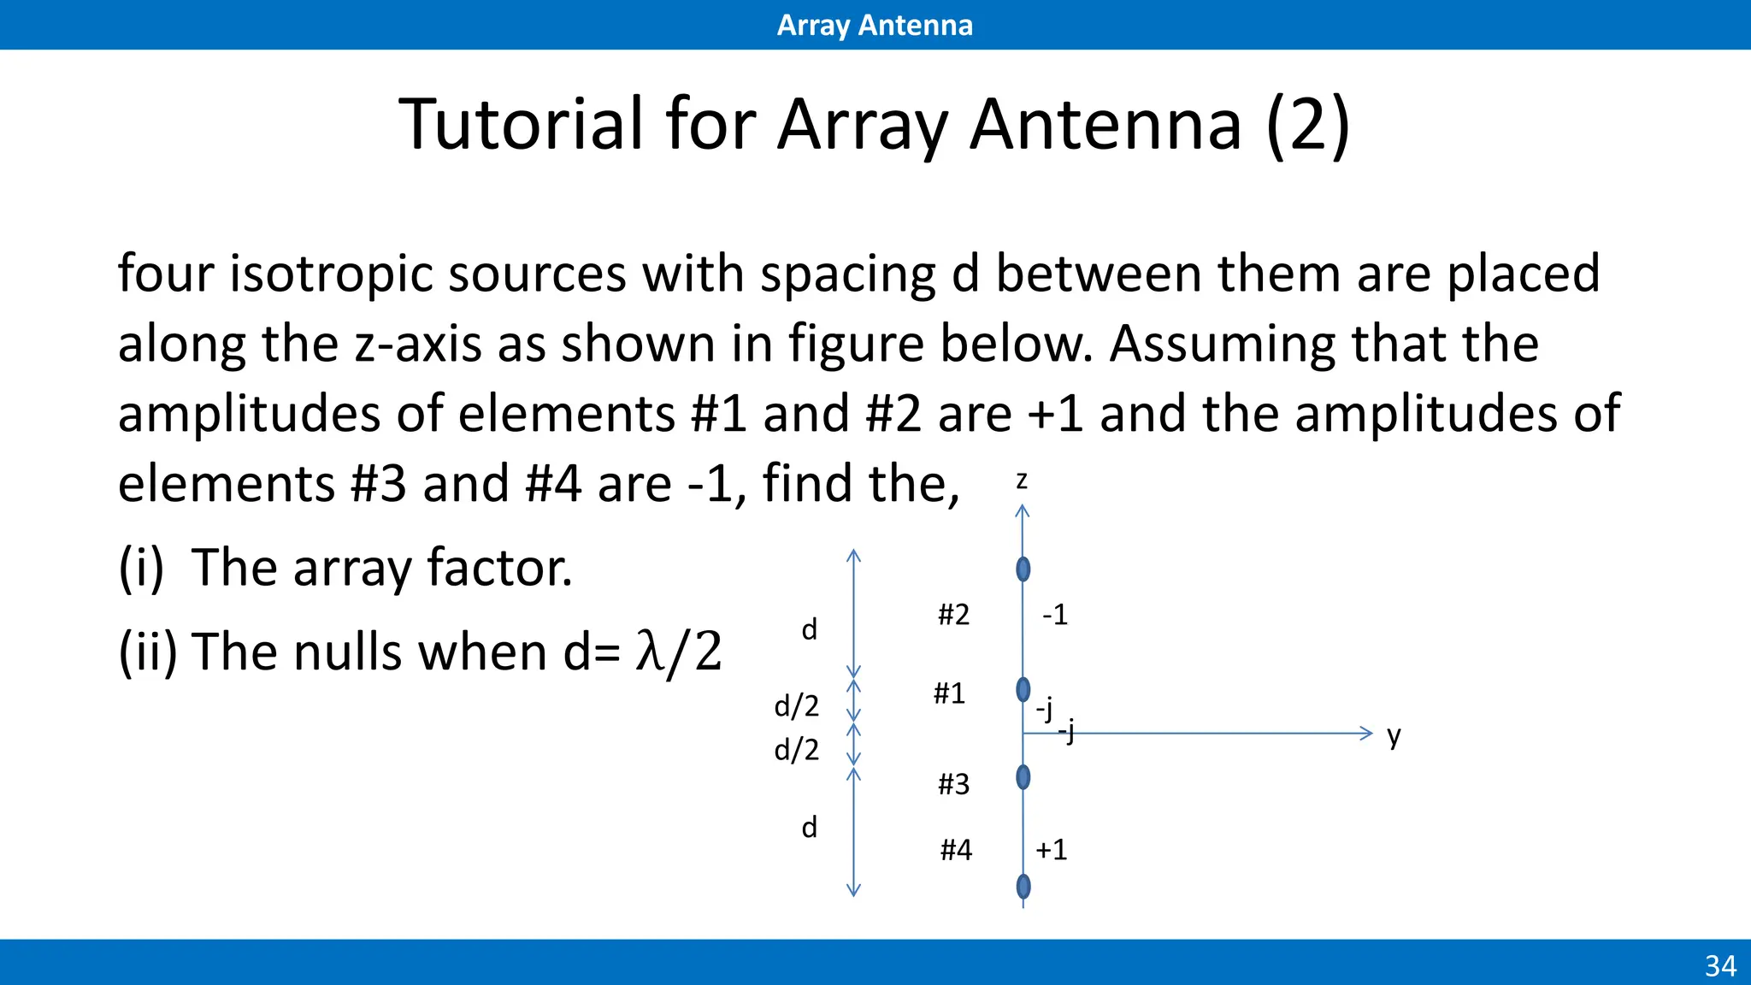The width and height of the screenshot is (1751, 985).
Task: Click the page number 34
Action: coord(1720,966)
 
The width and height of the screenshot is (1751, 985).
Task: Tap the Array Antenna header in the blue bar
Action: coord(875,25)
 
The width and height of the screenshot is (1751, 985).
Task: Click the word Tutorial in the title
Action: coord(521,125)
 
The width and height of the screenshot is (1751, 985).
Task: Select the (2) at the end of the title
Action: coord(1307,125)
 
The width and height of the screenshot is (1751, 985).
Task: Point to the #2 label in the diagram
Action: coord(953,615)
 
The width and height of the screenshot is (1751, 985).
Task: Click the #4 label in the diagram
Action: coord(956,850)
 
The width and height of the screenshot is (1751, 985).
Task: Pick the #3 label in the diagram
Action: coord(953,784)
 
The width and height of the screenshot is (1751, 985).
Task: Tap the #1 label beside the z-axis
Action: coord(949,693)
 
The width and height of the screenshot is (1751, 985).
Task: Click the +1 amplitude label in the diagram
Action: coord(1052,850)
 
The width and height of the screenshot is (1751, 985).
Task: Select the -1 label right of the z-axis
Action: coord(1055,615)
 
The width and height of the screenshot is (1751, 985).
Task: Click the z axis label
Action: coord(1022,481)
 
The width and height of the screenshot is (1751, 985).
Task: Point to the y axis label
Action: coord(1394,735)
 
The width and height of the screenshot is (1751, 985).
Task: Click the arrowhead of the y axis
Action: coord(1366,733)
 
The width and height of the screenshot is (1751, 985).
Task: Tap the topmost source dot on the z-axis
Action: coord(1023,569)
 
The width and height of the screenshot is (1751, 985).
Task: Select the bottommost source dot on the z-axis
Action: coord(1023,887)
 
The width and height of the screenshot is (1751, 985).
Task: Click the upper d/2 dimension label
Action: coord(796,706)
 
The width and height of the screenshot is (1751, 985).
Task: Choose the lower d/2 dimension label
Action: coord(796,750)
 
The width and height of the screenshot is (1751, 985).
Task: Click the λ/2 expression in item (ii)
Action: coord(679,652)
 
